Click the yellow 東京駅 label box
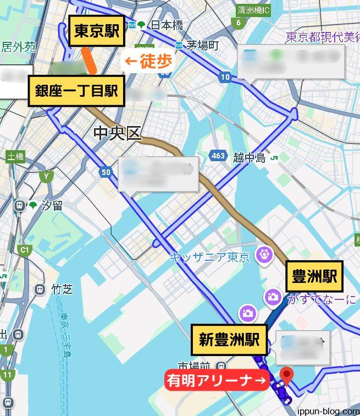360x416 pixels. point(96,31)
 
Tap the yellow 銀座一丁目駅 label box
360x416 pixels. point(77,91)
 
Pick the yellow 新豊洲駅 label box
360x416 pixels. point(230,340)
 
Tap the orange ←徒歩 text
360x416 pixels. point(147,62)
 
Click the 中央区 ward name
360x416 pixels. point(118,133)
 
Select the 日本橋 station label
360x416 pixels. point(166,25)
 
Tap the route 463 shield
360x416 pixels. point(218,156)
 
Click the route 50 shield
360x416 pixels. point(106,173)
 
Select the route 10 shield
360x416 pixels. point(224,77)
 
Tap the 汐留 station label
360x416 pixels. point(53,206)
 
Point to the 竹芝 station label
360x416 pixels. point(62,289)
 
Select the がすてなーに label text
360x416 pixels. point(320,299)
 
